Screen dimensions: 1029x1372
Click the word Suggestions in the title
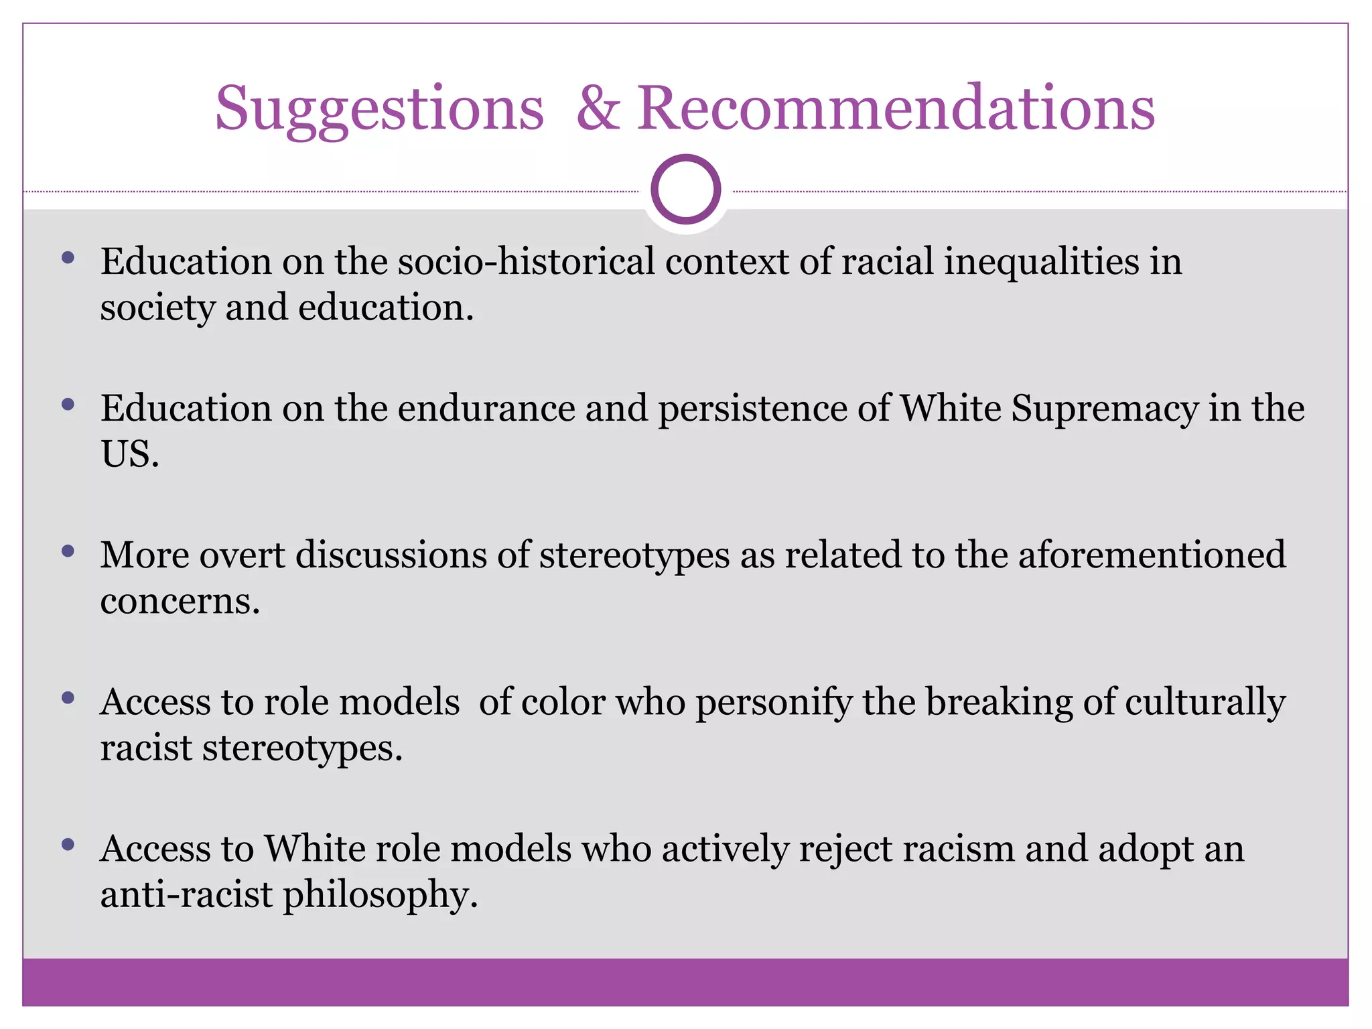[379, 109]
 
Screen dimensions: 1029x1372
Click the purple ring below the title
[685, 190]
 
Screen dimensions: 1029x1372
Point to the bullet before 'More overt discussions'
[68, 551]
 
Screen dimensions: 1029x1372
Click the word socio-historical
[526, 261]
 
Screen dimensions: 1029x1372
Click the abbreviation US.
[129, 454]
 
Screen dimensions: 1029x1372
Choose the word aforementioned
[1152, 555]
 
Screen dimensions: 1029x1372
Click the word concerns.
[179, 601]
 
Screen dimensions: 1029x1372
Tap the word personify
[773, 702]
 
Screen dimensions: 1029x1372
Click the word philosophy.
[380, 895]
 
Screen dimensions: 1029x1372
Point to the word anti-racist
[186, 895]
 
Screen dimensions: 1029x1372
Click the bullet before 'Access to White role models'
[68, 845]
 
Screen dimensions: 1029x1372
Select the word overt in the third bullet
[242, 555]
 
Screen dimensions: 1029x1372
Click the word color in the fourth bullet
[563, 702]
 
